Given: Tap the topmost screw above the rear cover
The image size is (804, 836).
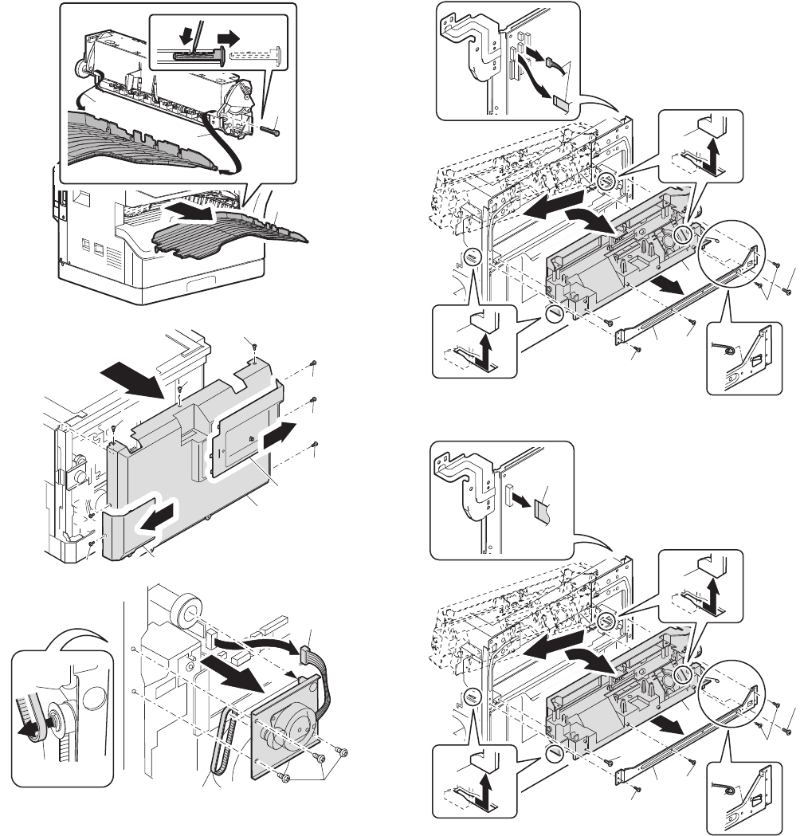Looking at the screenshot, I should coord(253,346).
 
